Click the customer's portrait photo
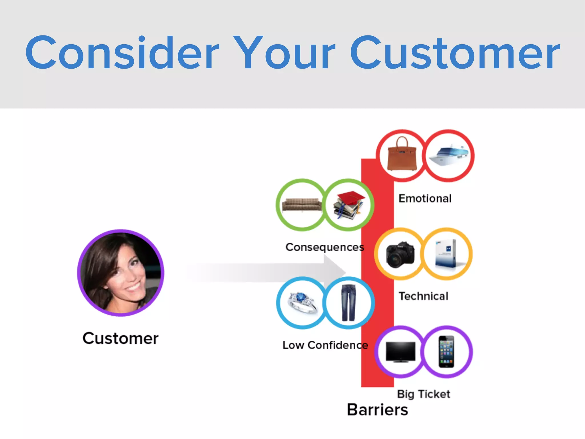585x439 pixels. click(121, 273)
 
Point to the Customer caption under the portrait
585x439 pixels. click(120, 338)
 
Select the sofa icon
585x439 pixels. click(302, 205)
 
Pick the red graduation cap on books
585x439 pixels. click(348, 205)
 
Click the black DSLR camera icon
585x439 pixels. click(400, 254)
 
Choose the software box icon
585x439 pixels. click(446, 254)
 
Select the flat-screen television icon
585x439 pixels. click(400, 352)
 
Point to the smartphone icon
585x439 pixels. click(446, 352)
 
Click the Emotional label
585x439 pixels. click(425, 198)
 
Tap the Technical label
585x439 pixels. click(423, 296)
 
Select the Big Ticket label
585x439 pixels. click(423, 394)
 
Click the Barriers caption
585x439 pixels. click(377, 410)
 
